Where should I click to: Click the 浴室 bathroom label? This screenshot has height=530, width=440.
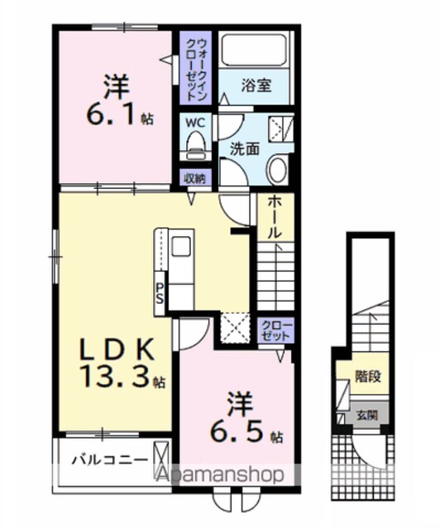tap(256, 85)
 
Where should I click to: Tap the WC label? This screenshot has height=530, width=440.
tap(195, 123)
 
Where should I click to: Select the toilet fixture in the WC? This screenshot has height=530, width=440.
tap(196, 146)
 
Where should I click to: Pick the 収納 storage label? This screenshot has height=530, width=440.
tap(195, 179)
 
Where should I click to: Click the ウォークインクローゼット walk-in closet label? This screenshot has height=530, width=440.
tap(195, 69)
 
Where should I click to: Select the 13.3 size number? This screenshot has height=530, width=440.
tap(114, 376)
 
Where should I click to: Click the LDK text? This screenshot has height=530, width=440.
tap(117, 349)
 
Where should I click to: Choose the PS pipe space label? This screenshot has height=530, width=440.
tap(160, 292)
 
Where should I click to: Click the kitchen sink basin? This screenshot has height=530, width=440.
tap(182, 246)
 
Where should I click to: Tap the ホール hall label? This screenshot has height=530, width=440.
tap(275, 217)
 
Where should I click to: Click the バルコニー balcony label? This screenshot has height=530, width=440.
tap(110, 460)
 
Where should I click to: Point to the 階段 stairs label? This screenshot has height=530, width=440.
tap(368, 376)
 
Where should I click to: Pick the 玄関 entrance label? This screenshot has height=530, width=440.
tap(367, 415)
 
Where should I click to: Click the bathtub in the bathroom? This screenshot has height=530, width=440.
tap(254, 49)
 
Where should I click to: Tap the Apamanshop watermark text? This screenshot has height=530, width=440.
tap(221, 475)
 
